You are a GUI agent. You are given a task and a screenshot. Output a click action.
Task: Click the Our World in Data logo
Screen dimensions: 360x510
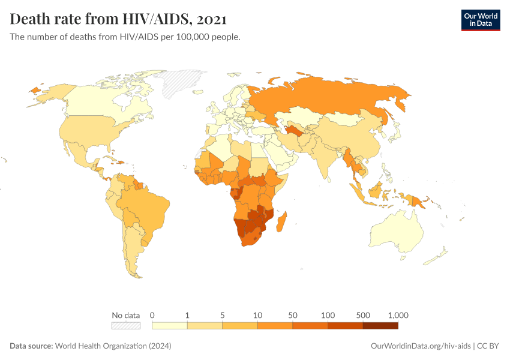[x=480, y=20]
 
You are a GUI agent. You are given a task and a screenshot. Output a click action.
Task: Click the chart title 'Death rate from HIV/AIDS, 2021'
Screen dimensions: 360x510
[x=118, y=19]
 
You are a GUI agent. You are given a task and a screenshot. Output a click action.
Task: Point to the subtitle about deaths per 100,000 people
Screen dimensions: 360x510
[x=125, y=37]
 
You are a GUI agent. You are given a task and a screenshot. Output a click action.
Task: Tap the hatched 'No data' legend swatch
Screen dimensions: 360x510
[x=125, y=326]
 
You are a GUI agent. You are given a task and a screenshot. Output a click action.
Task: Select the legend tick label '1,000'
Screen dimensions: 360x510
[x=398, y=315]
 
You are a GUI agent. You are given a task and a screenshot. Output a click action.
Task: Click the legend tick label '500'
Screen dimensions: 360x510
[x=362, y=315]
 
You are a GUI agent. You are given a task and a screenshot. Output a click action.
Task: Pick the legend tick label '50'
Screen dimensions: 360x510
[x=293, y=315]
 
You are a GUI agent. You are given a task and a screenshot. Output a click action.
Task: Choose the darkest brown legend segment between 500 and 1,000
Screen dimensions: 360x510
[x=380, y=326]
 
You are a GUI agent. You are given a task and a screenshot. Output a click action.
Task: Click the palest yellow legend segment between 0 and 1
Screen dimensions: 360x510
[x=170, y=326]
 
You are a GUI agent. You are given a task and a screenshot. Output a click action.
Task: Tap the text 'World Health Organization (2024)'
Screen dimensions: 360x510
[x=113, y=346]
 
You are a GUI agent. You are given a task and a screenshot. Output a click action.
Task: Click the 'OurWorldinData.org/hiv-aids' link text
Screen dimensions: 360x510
[x=421, y=346]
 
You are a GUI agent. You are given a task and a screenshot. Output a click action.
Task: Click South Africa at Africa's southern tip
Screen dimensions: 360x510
[x=252, y=238]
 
